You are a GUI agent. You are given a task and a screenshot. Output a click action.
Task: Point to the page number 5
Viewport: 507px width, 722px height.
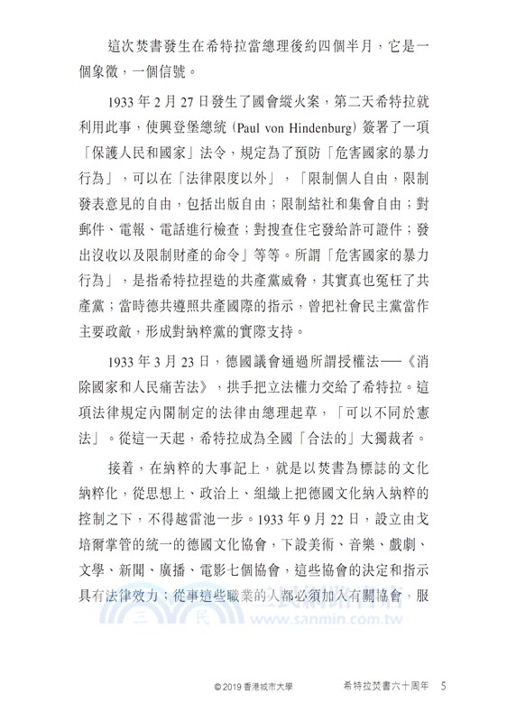pyautogui.click(x=444, y=687)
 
